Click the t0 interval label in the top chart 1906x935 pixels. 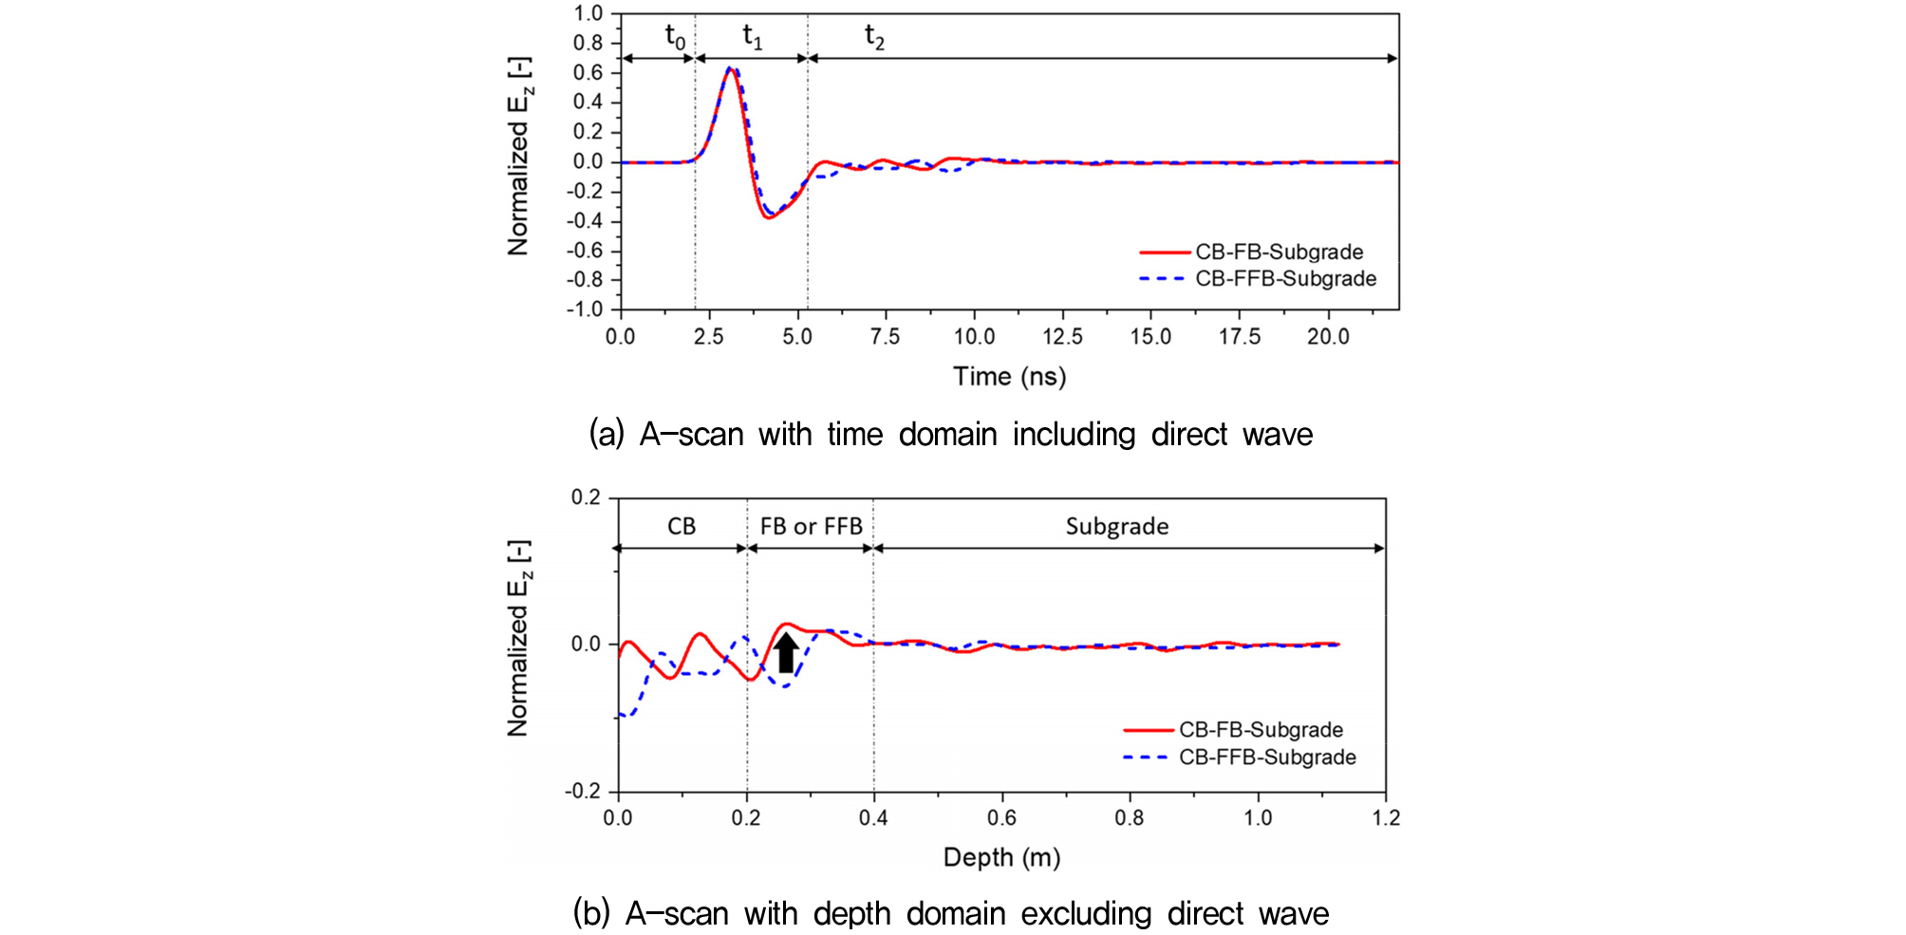pyautogui.click(x=675, y=38)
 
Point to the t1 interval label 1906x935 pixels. pyautogui.click(x=752, y=38)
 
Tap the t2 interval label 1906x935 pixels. pyautogui.click(x=874, y=38)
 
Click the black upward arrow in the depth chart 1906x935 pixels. pyautogui.click(x=785, y=653)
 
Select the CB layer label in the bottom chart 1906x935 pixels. pyautogui.click(x=682, y=526)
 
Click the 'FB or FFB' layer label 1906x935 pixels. pyautogui.click(x=811, y=526)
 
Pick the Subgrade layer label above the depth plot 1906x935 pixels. pyautogui.click(x=1117, y=526)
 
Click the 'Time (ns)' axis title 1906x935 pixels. pyautogui.click(x=1009, y=377)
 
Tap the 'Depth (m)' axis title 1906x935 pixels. pyautogui.click(x=1001, y=857)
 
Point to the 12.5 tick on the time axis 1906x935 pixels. pyautogui.click(x=1062, y=337)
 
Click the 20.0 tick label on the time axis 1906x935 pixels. pyautogui.click(x=1328, y=337)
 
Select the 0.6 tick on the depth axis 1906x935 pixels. pyautogui.click(x=1001, y=817)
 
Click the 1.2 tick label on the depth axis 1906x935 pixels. pyautogui.click(x=1385, y=817)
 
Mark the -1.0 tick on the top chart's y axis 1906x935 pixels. pyautogui.click(x=585, y=309)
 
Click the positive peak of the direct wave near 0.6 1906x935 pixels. pyautogui.click(x=729, y=68)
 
